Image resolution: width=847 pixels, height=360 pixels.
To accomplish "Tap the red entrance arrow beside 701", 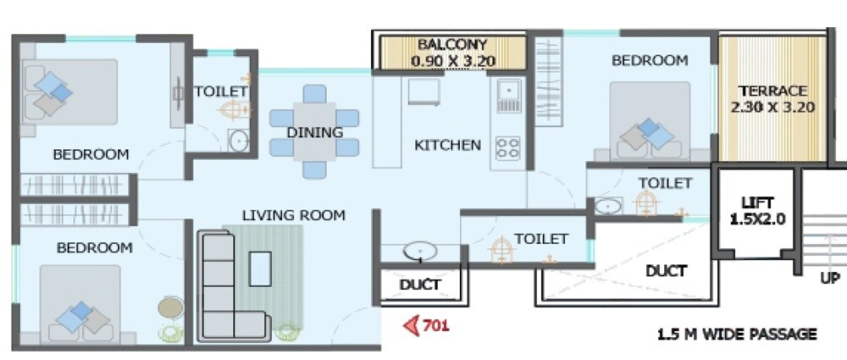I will click(412, 324).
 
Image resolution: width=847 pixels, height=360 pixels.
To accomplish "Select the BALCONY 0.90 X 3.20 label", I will click(452, 53).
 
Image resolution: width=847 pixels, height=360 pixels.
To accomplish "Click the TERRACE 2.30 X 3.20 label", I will click(772, 99).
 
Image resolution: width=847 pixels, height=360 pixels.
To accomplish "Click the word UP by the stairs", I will click(830, 278).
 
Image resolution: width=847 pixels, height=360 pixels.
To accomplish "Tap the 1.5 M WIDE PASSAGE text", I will click(737, 334).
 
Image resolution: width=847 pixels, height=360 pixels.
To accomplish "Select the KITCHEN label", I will click(447, 145).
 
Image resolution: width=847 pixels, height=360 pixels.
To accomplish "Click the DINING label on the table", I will click(314, 132).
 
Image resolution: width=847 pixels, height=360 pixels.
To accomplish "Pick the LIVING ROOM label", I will click(293, 215).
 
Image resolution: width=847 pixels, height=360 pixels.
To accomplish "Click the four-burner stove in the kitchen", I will click(507, 147).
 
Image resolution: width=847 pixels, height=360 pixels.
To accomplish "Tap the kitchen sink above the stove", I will click(508, 95).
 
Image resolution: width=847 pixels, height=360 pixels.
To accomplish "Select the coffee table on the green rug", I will click(259, 268).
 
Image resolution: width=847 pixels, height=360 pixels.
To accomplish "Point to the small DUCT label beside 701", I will click(420, 285).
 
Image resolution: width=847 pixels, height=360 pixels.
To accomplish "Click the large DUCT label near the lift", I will click(666, 271).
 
